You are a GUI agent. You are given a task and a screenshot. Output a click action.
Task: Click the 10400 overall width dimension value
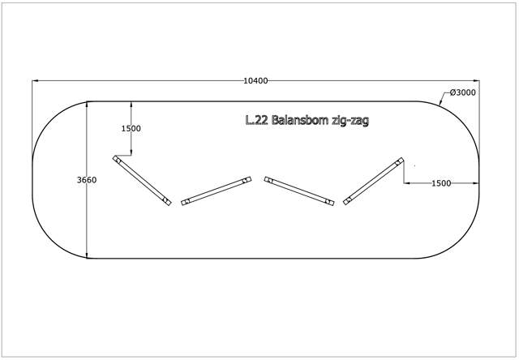(x=255, y=80)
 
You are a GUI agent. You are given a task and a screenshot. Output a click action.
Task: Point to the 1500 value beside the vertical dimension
(x=131, y=129)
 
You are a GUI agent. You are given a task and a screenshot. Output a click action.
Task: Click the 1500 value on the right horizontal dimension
(x=440, y=183)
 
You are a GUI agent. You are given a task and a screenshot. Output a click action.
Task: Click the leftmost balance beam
(x=142, y=181)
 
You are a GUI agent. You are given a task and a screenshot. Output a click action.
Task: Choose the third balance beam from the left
(x=299, y=191)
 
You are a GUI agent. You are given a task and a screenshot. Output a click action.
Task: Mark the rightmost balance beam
(x=373, y=180)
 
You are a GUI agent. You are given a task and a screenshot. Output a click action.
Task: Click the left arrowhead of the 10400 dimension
(x=35, y=80)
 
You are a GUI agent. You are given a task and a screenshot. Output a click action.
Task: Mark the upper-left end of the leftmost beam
(x=117, y=160)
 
